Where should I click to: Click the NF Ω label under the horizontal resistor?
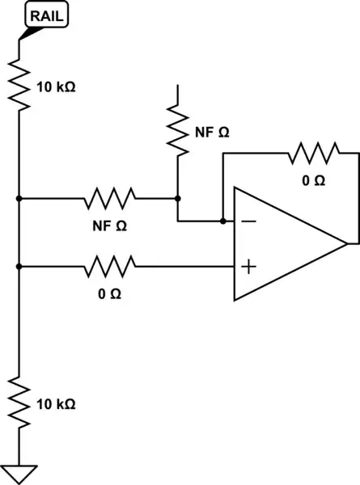(112, 224)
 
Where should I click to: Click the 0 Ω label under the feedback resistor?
(313, 180)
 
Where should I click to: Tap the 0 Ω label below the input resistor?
(110, 293)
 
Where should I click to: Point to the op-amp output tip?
(347, 242)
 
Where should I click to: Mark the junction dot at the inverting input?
(222, 220)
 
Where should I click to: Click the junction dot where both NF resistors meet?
(176, 197)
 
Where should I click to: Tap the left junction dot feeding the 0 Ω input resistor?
(18, 264)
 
